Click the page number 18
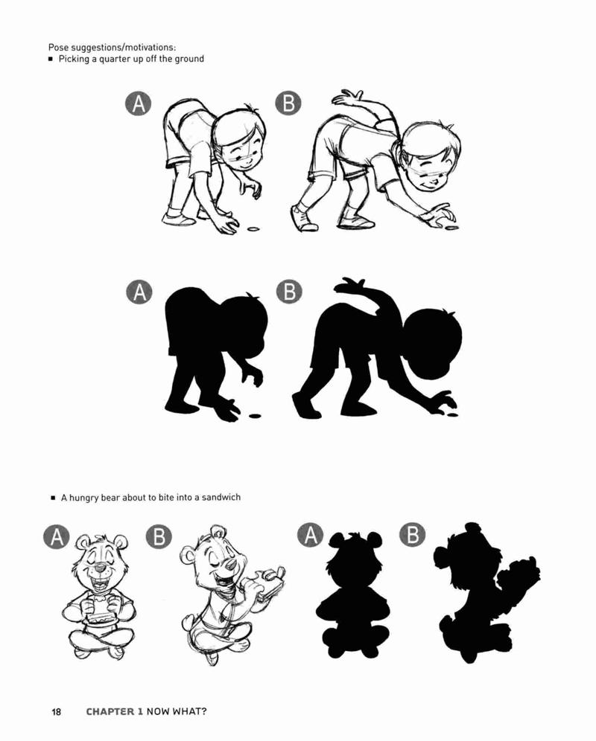[x=56, y=711]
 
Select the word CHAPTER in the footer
[x=114, y=711]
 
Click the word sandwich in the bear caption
[x=221, y=497]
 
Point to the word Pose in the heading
[x=58, y=48]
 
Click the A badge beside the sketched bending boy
[x=139, y=103]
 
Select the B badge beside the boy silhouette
[x=289, y=292]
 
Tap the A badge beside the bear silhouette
[x=310, y=535]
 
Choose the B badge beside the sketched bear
[x=159, y=536]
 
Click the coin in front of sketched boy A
[x=254, y=229]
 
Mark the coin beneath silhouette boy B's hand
[x=452, y=415]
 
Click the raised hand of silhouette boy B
[x=349, y=286]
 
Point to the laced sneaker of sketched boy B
[x=303, y=218]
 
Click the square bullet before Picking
[x=50, y=60]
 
